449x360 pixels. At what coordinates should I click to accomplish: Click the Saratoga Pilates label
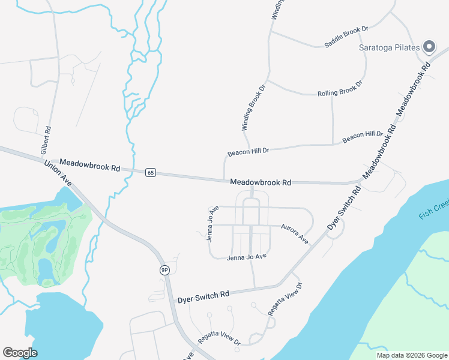[x=389, y=47]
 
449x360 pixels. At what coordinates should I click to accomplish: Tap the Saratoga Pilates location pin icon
[x=429, y=47]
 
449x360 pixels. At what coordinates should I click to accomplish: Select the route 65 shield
[x=151, y=173]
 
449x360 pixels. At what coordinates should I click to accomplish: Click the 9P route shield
[x=164, y=271]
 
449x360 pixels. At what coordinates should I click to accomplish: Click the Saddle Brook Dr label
[x=346, y=37]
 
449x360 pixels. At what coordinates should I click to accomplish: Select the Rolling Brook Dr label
[x=340, y=89]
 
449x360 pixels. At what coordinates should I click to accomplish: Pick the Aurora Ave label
[x=295, y=234]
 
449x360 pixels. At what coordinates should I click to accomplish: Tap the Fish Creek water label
[x=434, y=211]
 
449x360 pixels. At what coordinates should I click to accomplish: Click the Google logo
[x=20, y=353]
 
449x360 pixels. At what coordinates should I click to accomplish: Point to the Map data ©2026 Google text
[x=412, y=355]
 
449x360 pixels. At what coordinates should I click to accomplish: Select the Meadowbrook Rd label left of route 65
[x=90, y=165]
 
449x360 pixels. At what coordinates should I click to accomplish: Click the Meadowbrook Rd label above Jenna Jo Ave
[x=261, y=182]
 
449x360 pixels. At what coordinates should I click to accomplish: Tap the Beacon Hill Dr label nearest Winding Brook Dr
[x=248, y=151]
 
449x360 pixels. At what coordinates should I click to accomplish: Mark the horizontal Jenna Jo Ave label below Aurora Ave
[x=246, y=257]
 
